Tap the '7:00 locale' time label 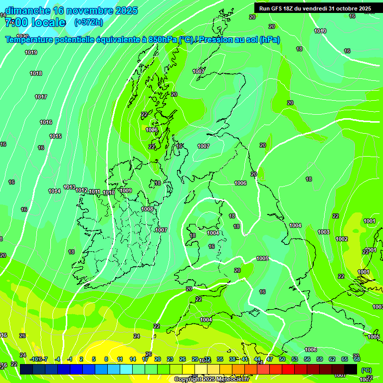tap(35, 22)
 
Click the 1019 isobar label tap(31, 52)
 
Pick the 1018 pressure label tap(36, 73)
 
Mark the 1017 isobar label tap(41, 97)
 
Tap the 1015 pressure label tap(55, 136)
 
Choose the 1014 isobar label tap(54, 191)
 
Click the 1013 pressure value tap(69, 187)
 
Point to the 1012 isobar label tap(81, 190)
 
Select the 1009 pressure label tap(126, 191)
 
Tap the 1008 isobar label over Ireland tap(147, 209)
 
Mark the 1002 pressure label tap(342, 239)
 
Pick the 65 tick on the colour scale tap(344, 359)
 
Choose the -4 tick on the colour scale tap(57, 359)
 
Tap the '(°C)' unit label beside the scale tap(366, 371)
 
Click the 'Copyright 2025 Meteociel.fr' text tap(212, 379)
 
